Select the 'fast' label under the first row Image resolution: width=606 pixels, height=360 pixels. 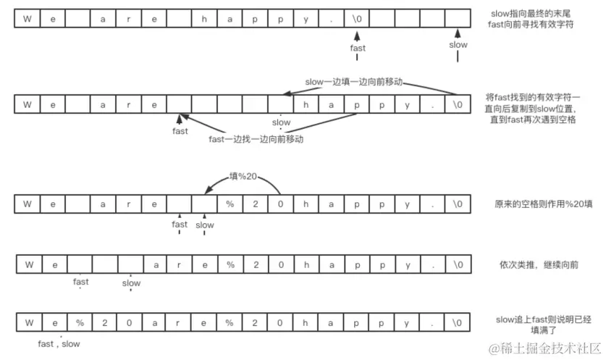tap(358, 49)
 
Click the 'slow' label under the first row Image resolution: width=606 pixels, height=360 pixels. tap(458, 45)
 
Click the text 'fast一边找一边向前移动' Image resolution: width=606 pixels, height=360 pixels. tap(256, 138)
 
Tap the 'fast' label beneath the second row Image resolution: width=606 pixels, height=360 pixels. tap(180, 131)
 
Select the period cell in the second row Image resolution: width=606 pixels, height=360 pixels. tap(432, 105)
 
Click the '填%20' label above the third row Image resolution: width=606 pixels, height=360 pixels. tap(243, 175)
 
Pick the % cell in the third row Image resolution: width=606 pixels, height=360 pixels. tap(230, 204)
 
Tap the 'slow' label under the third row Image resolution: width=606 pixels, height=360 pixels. tap(205, 225)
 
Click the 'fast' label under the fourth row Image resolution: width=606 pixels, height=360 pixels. tap(81, 282)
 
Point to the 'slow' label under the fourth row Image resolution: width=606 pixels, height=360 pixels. tap(131, 283)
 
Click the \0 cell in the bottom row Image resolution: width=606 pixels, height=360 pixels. tap(458, 322)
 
